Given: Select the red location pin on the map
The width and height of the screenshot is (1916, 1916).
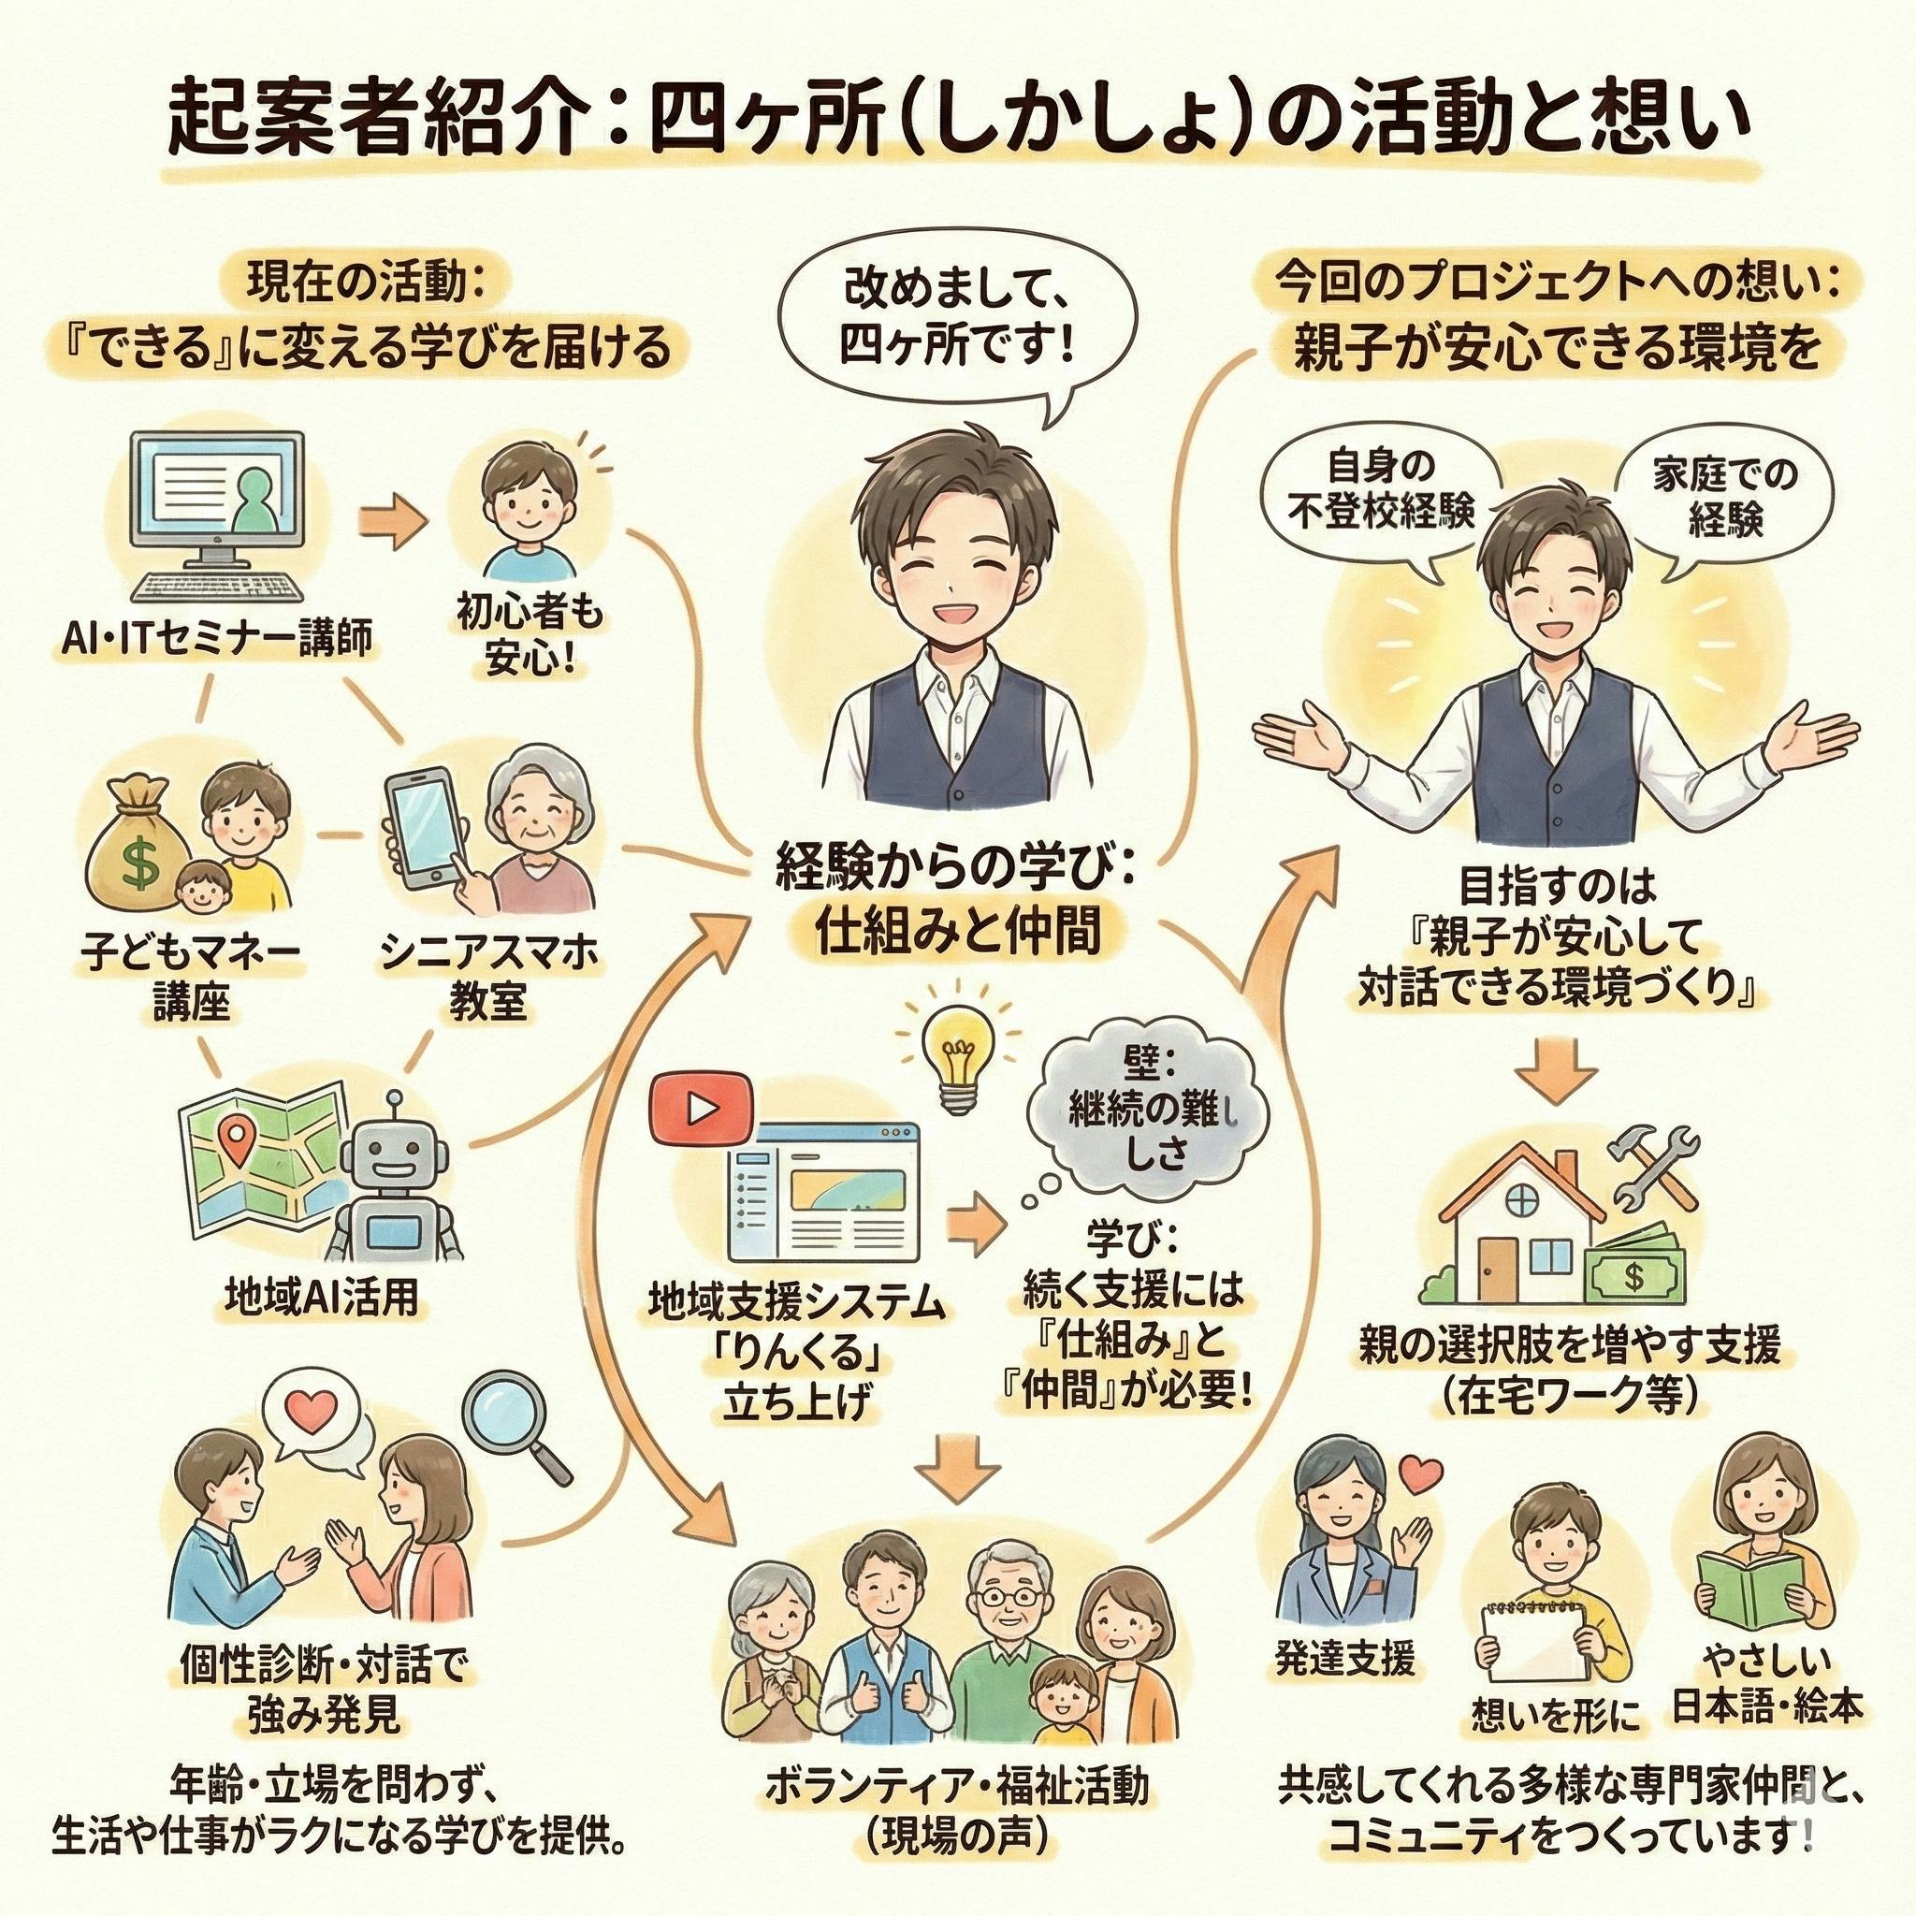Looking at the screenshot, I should [235, 1139].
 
